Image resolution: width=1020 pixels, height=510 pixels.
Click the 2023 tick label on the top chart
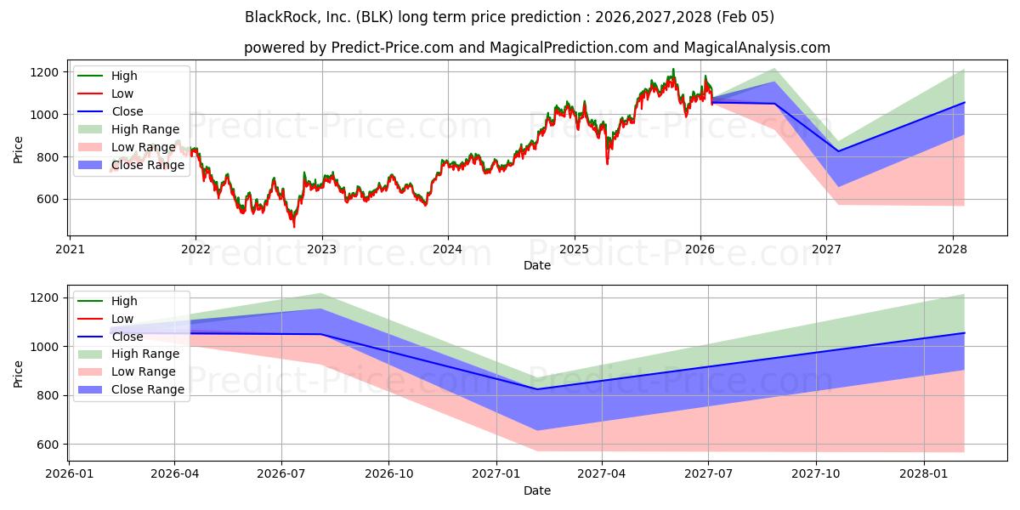[321, 249]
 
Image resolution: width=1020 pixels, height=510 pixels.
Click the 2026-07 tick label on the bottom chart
[282, 474]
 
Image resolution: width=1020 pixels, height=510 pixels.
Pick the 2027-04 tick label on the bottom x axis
[603, 474]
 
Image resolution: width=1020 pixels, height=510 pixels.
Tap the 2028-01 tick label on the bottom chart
[924, 474]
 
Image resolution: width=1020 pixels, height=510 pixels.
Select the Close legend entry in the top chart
[127, 111]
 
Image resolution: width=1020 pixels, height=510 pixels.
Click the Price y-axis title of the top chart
[18, 149]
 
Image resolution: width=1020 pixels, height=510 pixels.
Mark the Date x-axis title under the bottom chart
[537, 490]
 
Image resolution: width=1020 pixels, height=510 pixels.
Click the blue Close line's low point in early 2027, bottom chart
[537, 389]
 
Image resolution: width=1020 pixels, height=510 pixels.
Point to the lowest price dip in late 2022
[294, 226]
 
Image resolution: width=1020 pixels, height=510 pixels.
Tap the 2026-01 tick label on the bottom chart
[69, 474]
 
